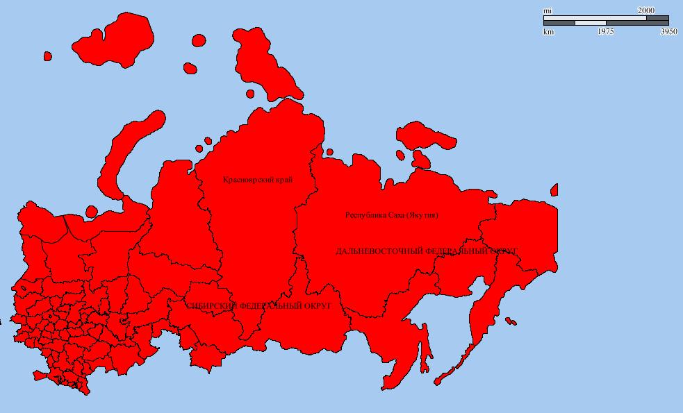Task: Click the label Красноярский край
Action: [x=258, y=180]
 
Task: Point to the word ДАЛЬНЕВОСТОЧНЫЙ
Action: [x=379, y=251]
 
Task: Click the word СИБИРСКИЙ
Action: [x=211, y=305]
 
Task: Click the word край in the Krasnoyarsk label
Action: [x=284, y=180]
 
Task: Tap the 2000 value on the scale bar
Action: [x=645, y=10]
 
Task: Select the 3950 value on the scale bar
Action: [x=668, y=32]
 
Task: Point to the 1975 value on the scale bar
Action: [x=605, y=32]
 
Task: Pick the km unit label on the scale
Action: [x=548, y=32]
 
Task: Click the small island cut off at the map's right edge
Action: [x=554, y=189]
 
